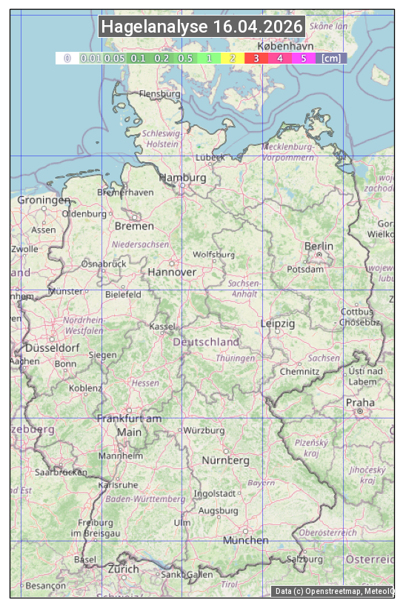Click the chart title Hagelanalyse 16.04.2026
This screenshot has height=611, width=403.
click(x=201, y=27)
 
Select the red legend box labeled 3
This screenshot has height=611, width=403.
click(x=256, y=58)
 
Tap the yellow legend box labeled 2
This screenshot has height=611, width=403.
click(x=233, y=58)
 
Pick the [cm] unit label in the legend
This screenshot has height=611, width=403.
click(x=331, y=58)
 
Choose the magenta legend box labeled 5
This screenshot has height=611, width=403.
click(x=303, y=58)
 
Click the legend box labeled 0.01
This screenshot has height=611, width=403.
click(x=91, y=58)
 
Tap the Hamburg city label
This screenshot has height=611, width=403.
click(x=182, y=178)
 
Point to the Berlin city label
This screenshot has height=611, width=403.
click(x=319, y=246)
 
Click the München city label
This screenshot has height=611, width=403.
click(x=246, y=540)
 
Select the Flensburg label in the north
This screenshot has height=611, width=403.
click(x=159, y=94)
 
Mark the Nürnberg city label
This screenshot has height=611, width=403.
click(x=225, y=460)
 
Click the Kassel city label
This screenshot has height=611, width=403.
click(x=162, y=326)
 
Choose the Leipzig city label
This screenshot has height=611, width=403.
click(x=278, y=324)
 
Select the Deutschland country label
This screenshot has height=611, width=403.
click(x=206, y=342)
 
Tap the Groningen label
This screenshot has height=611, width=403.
click(x=44, y=200)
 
